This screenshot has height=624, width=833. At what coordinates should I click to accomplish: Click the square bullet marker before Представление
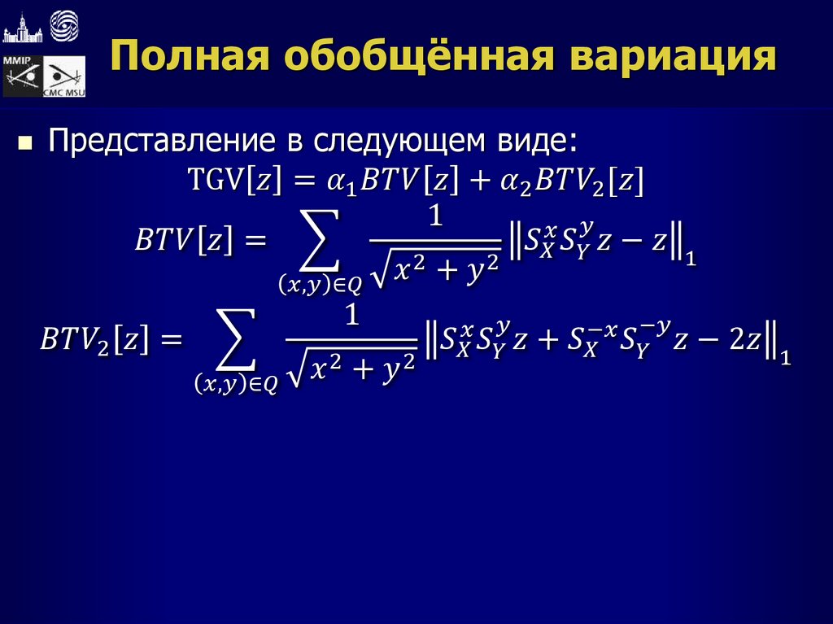25,143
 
